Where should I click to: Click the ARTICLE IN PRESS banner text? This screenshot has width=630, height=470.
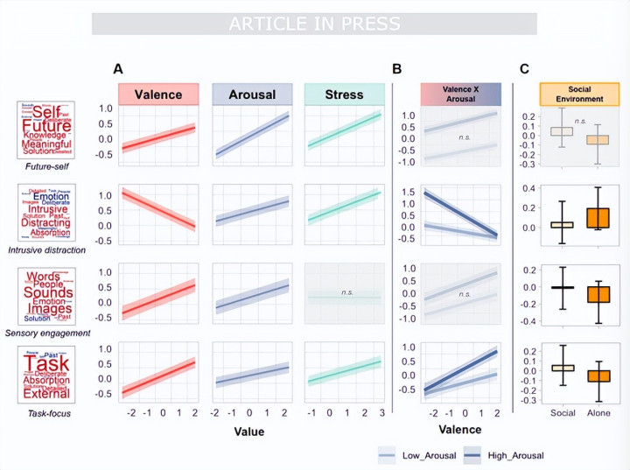tap(314, 24)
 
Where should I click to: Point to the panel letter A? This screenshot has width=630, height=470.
tap(117, 69)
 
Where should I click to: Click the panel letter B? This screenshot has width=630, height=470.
tap(397, 69)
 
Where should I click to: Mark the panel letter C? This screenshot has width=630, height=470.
tap(524, 69)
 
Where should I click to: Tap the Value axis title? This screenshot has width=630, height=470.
tap(249, 431)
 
